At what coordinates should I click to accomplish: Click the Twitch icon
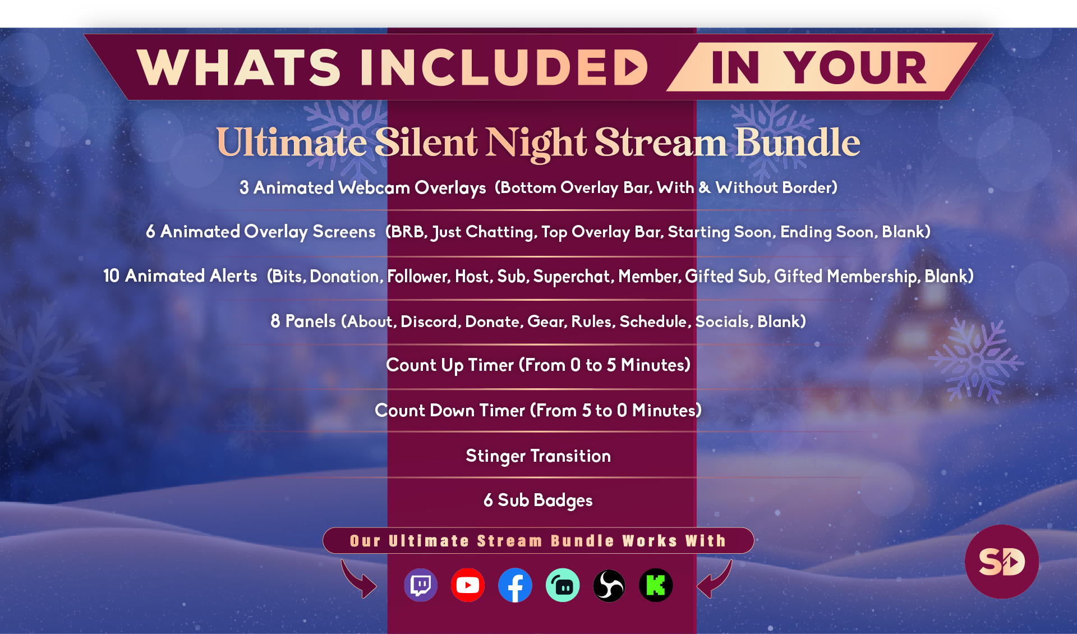[x=421, y=585]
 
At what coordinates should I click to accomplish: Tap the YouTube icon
[x=468, y=585]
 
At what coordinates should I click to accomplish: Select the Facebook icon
[x=515, y=585]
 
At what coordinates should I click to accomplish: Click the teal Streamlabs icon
[x=562, y=585]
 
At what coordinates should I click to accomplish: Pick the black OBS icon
[x=609, y=585]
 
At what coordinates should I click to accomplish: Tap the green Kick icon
[x=656, y=585]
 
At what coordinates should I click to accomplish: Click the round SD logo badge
[x=1001, y=562]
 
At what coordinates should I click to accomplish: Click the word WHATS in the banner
[x=238, y=67]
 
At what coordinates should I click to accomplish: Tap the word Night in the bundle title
[x=536, y=143]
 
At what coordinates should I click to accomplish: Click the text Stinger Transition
[x=538, y=456]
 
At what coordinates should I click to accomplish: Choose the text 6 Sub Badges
[x=538, y=500]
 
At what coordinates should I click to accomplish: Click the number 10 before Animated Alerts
[x=111, y=276]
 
